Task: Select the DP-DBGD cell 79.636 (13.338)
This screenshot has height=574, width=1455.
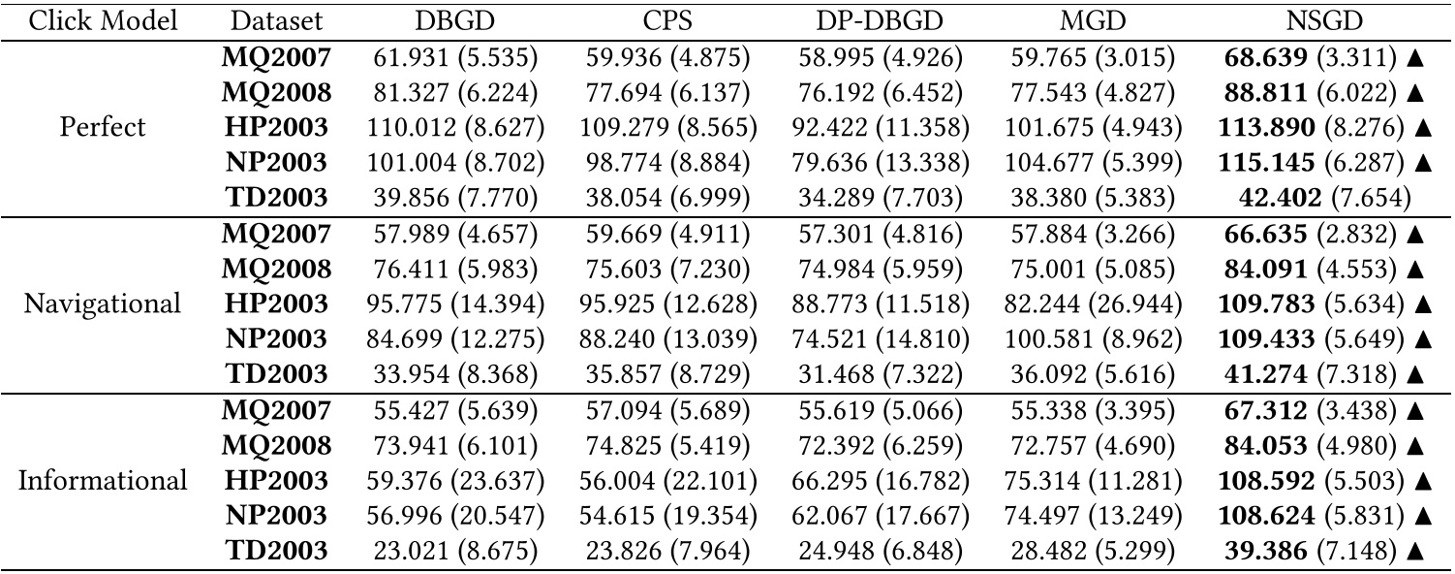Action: point(880,163)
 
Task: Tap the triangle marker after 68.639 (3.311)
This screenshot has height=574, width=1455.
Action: point(1416,56)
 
